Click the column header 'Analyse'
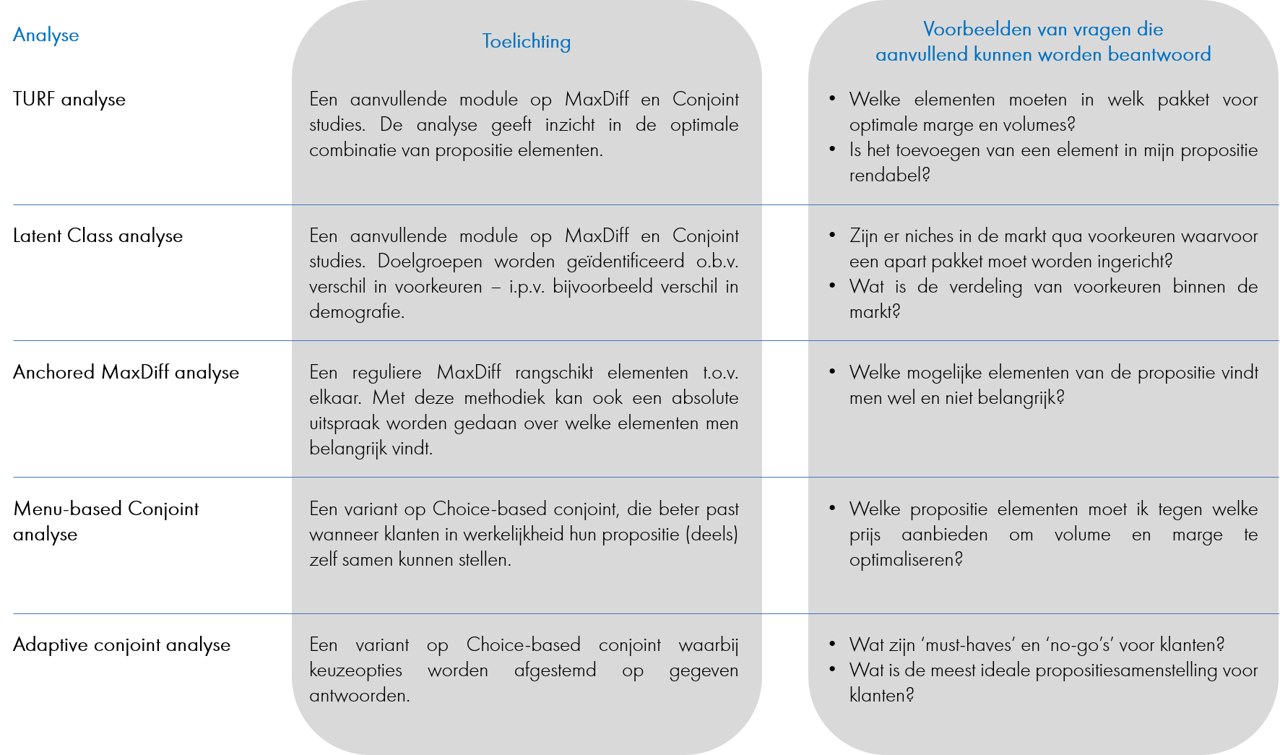[46, 35]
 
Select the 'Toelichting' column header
[527, 42]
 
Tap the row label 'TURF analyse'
[69, 100]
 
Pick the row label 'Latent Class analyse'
[98, 236]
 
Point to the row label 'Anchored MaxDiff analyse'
[126, 373]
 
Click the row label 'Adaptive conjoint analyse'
[122, 645]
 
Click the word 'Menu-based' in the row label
[67, 509]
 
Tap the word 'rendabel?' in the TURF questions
[890, 175]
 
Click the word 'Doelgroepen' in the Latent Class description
[430, 262]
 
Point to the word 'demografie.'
[357, 312]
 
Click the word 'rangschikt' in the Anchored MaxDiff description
[554, 373]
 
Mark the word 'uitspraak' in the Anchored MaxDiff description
[345, 423]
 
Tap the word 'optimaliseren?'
[907, 560]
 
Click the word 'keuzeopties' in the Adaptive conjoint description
[356, 670]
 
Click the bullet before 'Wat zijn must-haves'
[833, 644]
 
